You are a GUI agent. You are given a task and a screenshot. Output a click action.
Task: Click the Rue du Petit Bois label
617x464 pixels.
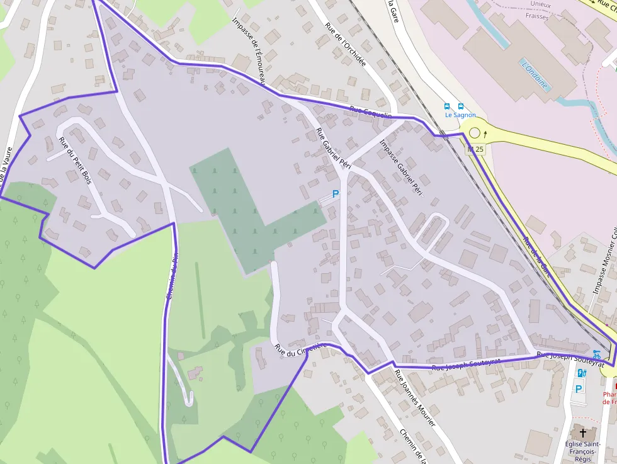[75, 161]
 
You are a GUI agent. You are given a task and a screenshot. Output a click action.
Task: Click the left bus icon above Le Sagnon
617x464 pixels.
[447, 106]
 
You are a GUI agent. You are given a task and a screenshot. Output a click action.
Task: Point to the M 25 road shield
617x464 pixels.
[476, 149]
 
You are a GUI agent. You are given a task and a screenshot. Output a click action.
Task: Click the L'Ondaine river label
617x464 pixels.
[535, 74]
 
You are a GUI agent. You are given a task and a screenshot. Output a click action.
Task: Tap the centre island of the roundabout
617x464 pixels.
[475, 133]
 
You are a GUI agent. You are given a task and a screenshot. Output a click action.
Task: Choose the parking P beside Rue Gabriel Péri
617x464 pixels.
[336, 195]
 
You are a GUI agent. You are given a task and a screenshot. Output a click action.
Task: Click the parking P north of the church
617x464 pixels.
[578, 388]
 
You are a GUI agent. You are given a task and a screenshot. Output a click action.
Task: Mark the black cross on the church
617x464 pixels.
[582, 433]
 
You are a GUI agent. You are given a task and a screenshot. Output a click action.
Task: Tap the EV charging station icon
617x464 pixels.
[581, 373]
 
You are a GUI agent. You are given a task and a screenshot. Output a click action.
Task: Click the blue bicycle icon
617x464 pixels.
[596, 354]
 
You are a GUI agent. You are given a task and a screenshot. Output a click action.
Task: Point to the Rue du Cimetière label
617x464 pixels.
[300, 349]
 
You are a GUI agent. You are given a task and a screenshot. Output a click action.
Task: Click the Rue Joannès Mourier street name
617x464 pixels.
[414, 398]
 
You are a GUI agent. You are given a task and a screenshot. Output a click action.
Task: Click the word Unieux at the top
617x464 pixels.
[540, 5]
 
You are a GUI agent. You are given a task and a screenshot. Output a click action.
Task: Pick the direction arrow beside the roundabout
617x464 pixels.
[485, 133]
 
